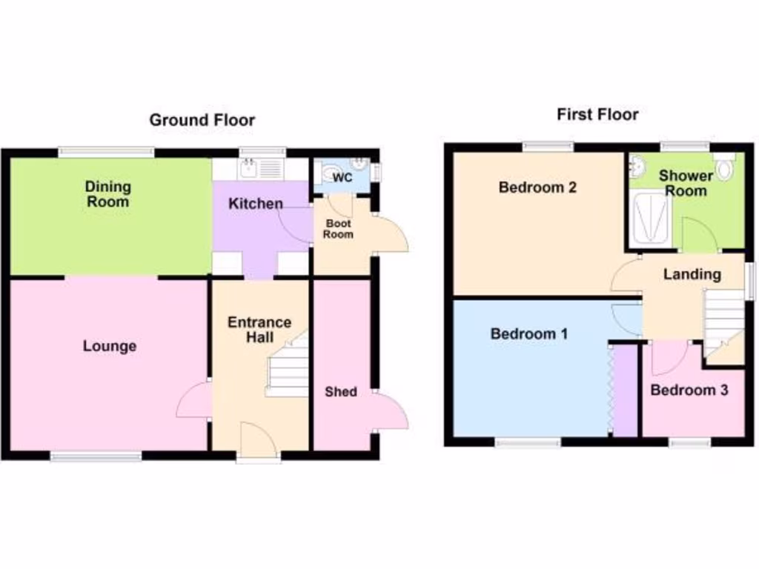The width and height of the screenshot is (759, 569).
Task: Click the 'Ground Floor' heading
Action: pos(202,120)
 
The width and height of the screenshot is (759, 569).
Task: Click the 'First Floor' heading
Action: pos(597,114)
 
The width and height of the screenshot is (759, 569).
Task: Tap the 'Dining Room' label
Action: pos(107,194)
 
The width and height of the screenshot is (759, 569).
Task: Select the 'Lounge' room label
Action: pos(110,346)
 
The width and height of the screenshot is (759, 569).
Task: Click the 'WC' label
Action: pos(342,178)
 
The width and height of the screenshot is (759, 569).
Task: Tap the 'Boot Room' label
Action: pos(338,229)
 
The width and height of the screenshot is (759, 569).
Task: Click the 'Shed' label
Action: pos(340,391)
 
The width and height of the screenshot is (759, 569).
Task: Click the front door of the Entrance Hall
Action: pos(259,441)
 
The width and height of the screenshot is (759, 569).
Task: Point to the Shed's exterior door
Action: pos(391,410)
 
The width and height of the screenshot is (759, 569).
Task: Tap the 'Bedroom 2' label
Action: pos(537,187)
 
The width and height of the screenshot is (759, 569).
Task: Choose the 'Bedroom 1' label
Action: pos(529,334)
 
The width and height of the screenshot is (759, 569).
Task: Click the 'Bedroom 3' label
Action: pos(689,390)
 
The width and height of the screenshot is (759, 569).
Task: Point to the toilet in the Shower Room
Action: pos(724,170)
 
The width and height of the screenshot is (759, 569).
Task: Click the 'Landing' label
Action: pos(692,274)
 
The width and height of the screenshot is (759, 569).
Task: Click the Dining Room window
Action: pos(107,152)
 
